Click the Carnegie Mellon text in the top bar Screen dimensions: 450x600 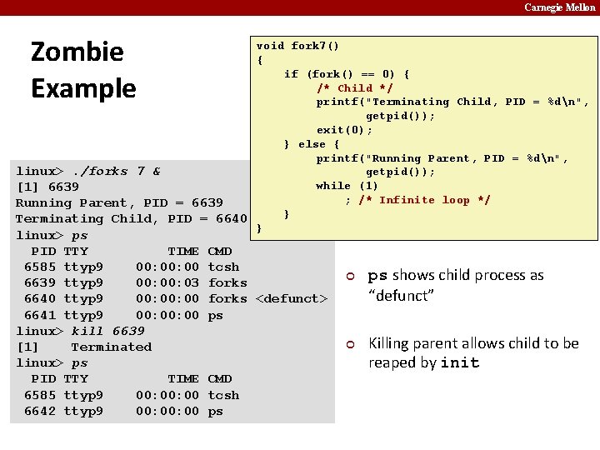(x=560, y=7)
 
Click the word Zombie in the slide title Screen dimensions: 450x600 (x=77, y=52)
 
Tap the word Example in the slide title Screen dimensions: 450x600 (x=83, y=88)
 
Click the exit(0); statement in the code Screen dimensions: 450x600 (x=344, y=130)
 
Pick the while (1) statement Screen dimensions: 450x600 (x=347, y=186)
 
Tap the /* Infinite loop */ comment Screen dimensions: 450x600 (x=424, y=200)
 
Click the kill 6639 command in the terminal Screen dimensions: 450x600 (x=107, y=331)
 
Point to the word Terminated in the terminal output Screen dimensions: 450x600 (x=111, y=347)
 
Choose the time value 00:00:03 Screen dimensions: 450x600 (x=167, y=282)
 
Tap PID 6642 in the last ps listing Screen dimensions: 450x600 (x=39, y=411)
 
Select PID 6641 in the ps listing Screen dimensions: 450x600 (x=39, y=315)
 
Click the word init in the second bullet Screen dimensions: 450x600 (x=459, y=362)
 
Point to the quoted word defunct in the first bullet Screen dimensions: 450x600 (x=402, y=295)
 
